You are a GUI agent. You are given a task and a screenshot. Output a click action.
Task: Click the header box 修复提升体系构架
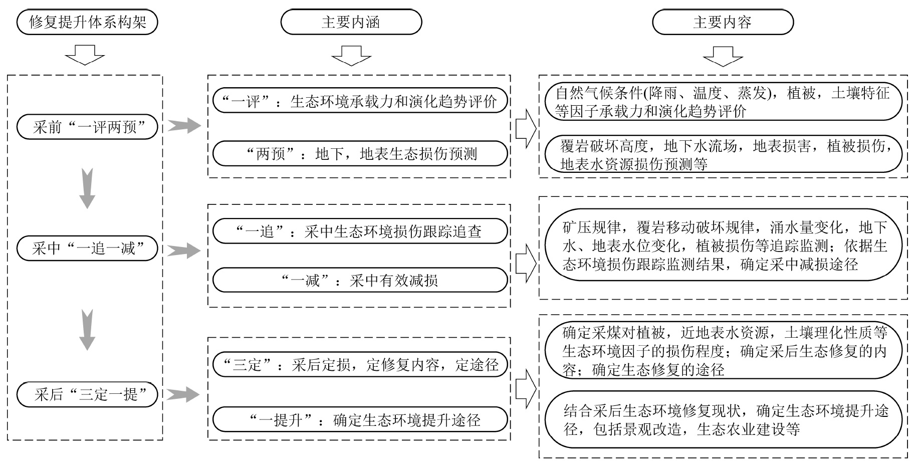(x=87, y=23)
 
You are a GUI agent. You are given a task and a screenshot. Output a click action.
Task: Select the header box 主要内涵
(x=351, y=23)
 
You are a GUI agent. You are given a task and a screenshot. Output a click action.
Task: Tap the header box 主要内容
(x=723, y=23)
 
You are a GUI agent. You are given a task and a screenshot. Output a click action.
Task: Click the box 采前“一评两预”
(x=87, y=127)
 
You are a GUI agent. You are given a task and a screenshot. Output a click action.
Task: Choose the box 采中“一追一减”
(x=87, y=249)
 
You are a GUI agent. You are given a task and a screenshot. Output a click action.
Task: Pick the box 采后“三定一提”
(x=87, y=394)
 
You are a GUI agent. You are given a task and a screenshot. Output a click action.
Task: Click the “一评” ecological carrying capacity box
(x=360, y=101)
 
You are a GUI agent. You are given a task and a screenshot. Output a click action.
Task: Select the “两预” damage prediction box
(x=360, y=153)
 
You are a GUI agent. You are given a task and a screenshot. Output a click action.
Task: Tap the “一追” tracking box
(x=360, y=231)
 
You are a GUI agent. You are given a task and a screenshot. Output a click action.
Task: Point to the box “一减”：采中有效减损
(x=360, y=280)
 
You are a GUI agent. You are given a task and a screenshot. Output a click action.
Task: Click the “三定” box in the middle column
(x=360, y=365)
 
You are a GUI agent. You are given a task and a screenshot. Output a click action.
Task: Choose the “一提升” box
(x=360, y=419)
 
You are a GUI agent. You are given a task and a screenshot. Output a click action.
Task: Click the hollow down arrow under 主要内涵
(x=351, y=56)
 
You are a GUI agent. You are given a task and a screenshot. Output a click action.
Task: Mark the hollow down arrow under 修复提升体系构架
(x=85, y=55)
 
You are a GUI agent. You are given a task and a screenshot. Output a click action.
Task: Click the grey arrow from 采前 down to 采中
(x=87, y=188)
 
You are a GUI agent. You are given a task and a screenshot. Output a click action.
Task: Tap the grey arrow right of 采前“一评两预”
(x=183, y=126)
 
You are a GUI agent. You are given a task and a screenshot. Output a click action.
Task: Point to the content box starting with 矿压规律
(x=723, y=246)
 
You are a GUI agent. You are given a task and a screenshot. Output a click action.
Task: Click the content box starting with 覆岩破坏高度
(x=723, y=154)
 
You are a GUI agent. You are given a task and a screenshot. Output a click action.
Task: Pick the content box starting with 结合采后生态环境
(x=723, y=419)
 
